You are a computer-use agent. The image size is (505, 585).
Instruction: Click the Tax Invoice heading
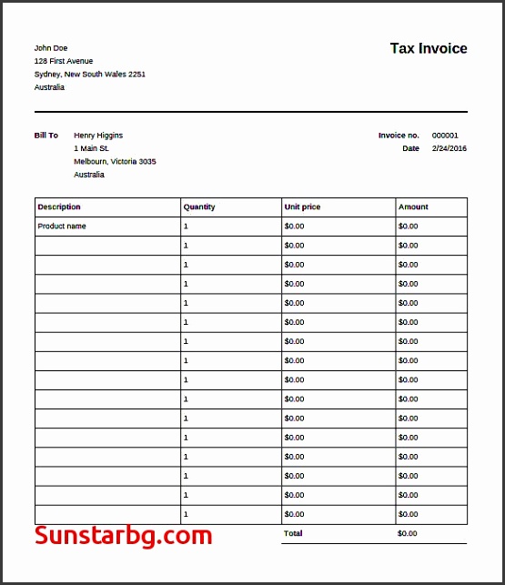[429, 49]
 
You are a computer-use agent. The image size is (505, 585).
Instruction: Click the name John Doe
[51, 48]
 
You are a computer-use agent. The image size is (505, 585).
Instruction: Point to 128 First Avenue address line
[64, 61]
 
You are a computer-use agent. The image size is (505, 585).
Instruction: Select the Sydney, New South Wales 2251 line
[90, 75]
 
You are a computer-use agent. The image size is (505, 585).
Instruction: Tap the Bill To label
[46, 136]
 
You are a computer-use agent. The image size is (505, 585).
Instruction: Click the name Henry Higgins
[98, 136]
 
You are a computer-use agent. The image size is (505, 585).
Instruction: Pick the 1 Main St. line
[92, 148]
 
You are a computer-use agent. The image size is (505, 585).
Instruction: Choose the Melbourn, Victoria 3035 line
[115, 161]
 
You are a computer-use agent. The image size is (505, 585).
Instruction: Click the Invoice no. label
[399, 136]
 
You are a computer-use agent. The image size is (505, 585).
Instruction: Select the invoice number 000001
[445, 136]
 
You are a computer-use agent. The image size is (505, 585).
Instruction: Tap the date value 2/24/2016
[449, 148]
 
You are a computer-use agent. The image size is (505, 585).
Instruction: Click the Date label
[410, 148]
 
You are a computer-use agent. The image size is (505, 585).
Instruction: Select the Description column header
[59, 207]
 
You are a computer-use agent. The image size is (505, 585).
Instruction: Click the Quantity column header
[199, 207]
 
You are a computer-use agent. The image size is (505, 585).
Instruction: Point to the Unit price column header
[303, 207]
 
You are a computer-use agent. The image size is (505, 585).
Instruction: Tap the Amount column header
[413, 207]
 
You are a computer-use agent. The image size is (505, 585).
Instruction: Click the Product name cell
[62, 227]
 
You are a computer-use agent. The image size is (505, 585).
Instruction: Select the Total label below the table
[293, 533]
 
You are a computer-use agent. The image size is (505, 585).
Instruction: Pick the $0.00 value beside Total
[408, 533]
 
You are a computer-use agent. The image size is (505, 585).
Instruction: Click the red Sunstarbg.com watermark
[124, 536]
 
